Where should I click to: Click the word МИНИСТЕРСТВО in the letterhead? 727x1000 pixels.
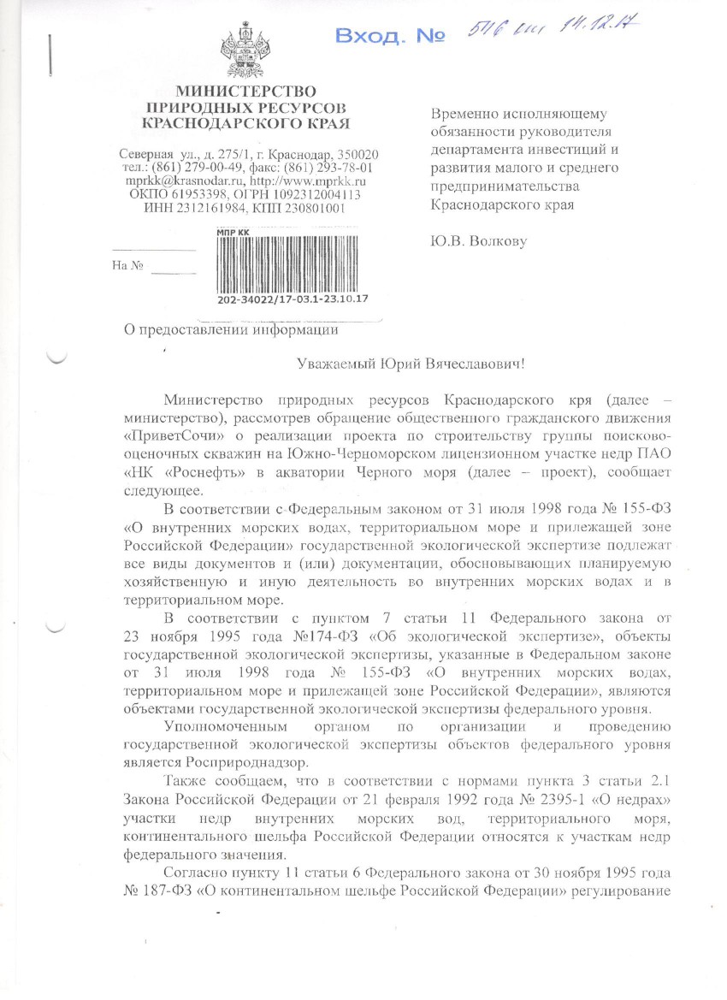(x=246, y=92)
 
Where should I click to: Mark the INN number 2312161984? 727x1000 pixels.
(x=204, y=208)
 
